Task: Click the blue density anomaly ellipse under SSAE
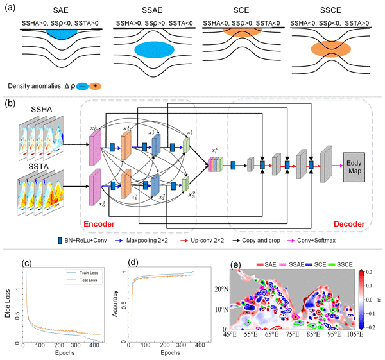point(153,50)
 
